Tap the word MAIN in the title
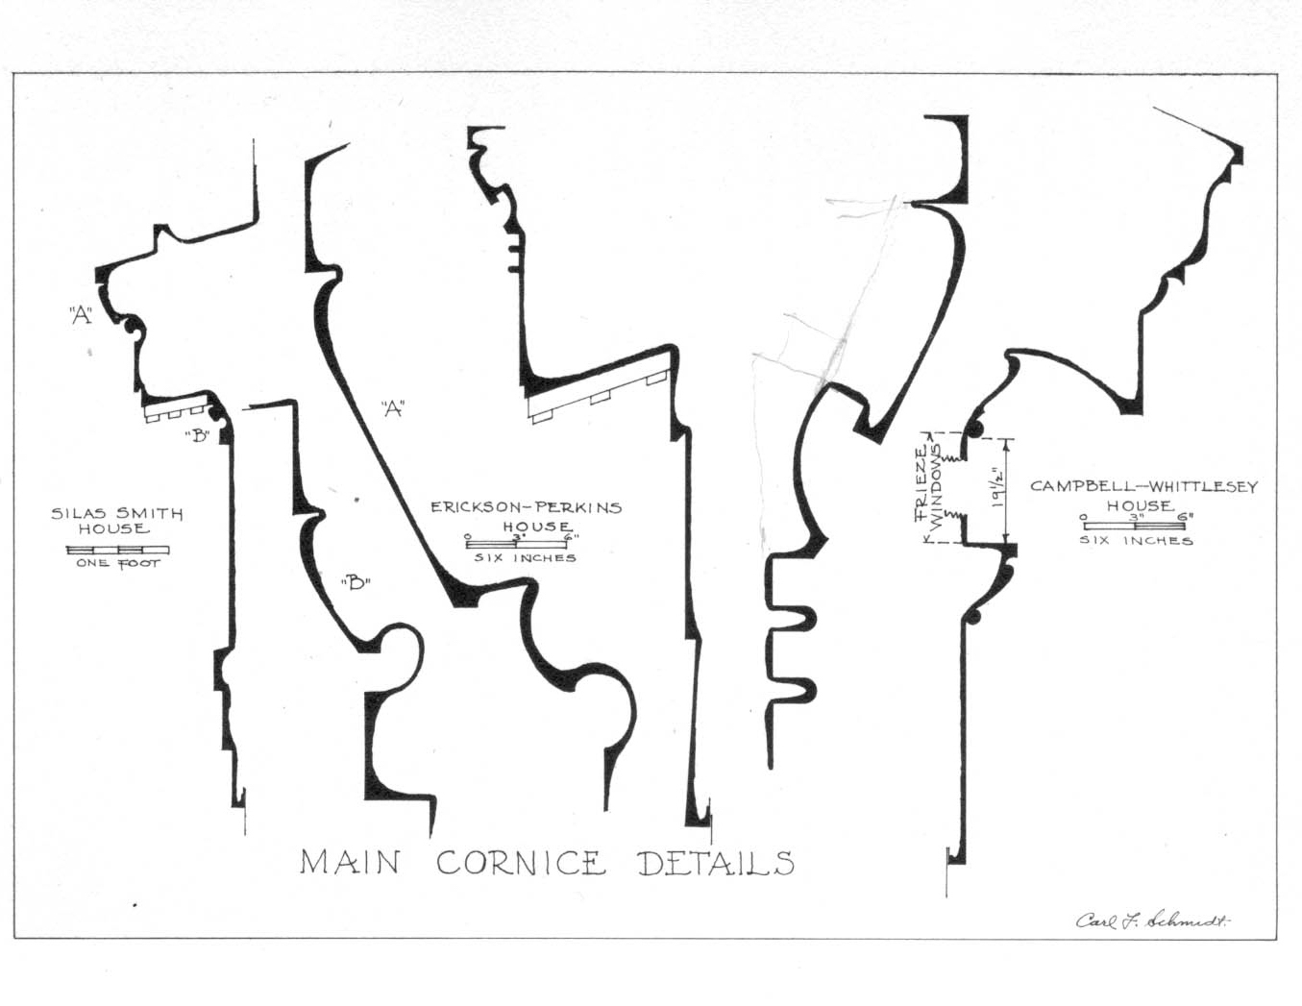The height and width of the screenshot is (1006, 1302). pos(350,862)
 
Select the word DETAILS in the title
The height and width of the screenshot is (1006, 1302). pos(717,863)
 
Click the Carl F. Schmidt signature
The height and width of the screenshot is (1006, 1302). pos(1153,920)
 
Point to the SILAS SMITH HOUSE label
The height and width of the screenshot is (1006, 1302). pos(116,520)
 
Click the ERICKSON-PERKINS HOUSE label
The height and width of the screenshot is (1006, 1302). pos(526,516)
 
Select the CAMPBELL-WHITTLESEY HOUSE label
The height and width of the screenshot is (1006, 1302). pos(1142,495)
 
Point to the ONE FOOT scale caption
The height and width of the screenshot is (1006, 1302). pos(117,563)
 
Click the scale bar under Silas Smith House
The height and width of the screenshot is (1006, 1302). pos(117,550)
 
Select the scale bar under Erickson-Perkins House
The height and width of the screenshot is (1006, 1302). pos(516,545)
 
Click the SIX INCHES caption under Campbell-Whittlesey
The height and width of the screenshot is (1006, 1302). pos(1136,540)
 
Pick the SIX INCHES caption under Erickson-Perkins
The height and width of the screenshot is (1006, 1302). pos(525,557)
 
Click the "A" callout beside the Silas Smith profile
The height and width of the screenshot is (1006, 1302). pos(81,314)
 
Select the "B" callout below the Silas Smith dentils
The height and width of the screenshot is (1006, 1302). pos(197,435)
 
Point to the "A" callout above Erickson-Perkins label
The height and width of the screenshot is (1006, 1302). pos(391,408)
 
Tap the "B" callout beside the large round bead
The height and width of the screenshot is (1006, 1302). pos(355,582)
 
